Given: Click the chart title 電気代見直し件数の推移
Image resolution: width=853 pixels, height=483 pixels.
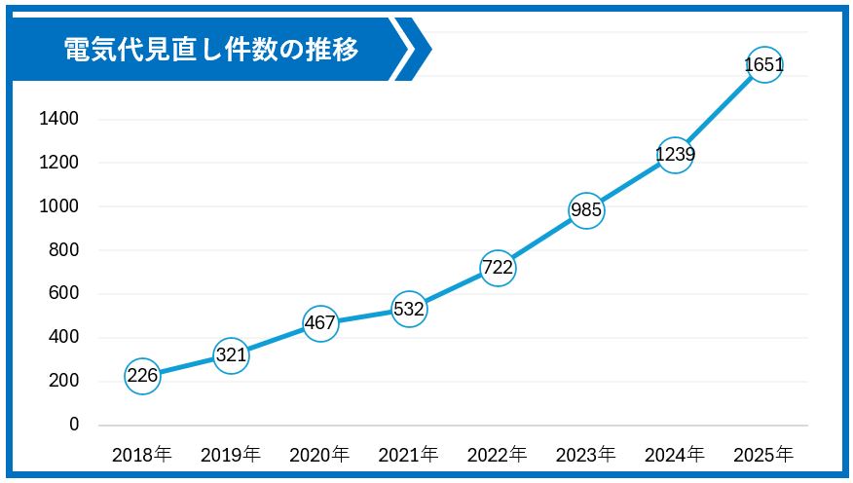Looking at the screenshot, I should pyautogui.click(x=210, y=49).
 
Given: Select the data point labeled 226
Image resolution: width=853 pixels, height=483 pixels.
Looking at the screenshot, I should pyautogui.click(x=142, y=375).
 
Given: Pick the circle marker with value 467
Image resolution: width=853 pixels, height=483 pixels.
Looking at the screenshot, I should pyautogui.click(x=320, y=322).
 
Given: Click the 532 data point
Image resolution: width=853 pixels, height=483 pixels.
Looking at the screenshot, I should pyautogui.click(x=409, y=309).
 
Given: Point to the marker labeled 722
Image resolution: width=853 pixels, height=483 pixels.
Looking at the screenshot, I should pyautogui.click(x=498, y=268).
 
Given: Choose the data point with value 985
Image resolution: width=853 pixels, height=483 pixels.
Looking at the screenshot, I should pyautogui.click(x=586, y=209).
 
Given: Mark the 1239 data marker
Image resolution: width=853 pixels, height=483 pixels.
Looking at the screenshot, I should pyautogui.click(x=675, y=154).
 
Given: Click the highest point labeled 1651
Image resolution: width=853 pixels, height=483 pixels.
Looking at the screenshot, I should pyautogui.click(x=763, y=65).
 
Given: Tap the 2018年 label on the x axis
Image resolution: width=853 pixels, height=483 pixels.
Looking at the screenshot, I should pyautogui.click(x=142, y=454).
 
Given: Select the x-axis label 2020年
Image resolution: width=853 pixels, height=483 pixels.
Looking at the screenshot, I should pyautogui.click(x=320, y=454).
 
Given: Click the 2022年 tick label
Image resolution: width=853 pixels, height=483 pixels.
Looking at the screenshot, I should pyautogui.click(x=498, y=454).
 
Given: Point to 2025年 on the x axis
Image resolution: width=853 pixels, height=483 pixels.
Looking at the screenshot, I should pyautogui.click(x=763, y=454).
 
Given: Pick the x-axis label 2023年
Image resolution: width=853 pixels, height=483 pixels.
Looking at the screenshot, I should pyautogui.click(x=586, y=454).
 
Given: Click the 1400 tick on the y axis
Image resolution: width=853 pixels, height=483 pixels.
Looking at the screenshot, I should pyautogui.click(x=59, y=119).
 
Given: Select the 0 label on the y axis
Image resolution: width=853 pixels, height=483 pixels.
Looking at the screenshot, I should pyautogui.click(x=74, y=425).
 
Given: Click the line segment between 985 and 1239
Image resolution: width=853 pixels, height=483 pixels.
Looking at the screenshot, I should pyautogui.click(x=631, y=182).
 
